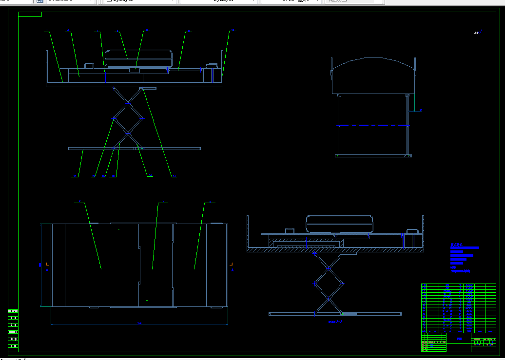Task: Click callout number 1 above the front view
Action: point(47,31)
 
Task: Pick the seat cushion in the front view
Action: point(139,58)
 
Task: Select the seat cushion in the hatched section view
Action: point(340,224)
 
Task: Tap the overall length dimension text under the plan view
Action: point(139,323)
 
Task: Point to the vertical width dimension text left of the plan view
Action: point(40,265)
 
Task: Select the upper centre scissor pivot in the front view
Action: point(128,103)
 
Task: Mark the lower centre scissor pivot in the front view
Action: point(128,133)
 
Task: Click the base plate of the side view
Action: point(373,156)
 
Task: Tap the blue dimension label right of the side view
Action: point(421,111)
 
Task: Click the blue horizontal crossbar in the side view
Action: point(373,126)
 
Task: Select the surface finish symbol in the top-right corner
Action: point(478,33)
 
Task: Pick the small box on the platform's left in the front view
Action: point(89,65)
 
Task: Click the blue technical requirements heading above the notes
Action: point(456,244)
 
